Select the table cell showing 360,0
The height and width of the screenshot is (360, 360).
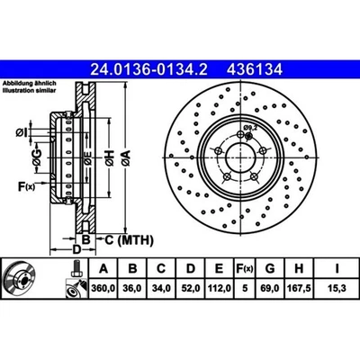coord(103,289)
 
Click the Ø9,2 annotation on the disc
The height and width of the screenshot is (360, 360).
coord(253,128)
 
